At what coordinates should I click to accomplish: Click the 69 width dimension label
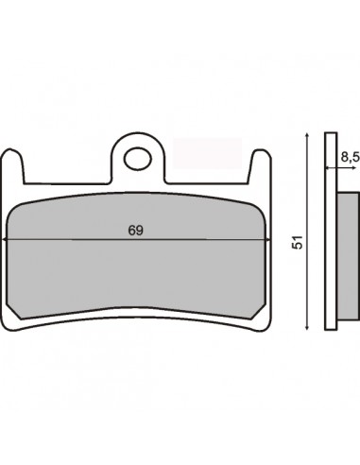tap(136, 231)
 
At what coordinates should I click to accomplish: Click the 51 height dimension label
tap(298, 242)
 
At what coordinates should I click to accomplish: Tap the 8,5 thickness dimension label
tap(351, 158)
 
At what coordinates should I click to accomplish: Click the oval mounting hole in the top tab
tap(138, 159)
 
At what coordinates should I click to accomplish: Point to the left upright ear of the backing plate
tap(12, 166)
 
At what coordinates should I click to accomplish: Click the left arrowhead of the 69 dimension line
tap(4, 240)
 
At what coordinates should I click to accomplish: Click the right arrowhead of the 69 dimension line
tap(268, 240)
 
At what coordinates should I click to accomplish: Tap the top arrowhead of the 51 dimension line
tap(307, 136)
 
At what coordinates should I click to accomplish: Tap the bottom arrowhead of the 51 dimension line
tap(307, 327)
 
